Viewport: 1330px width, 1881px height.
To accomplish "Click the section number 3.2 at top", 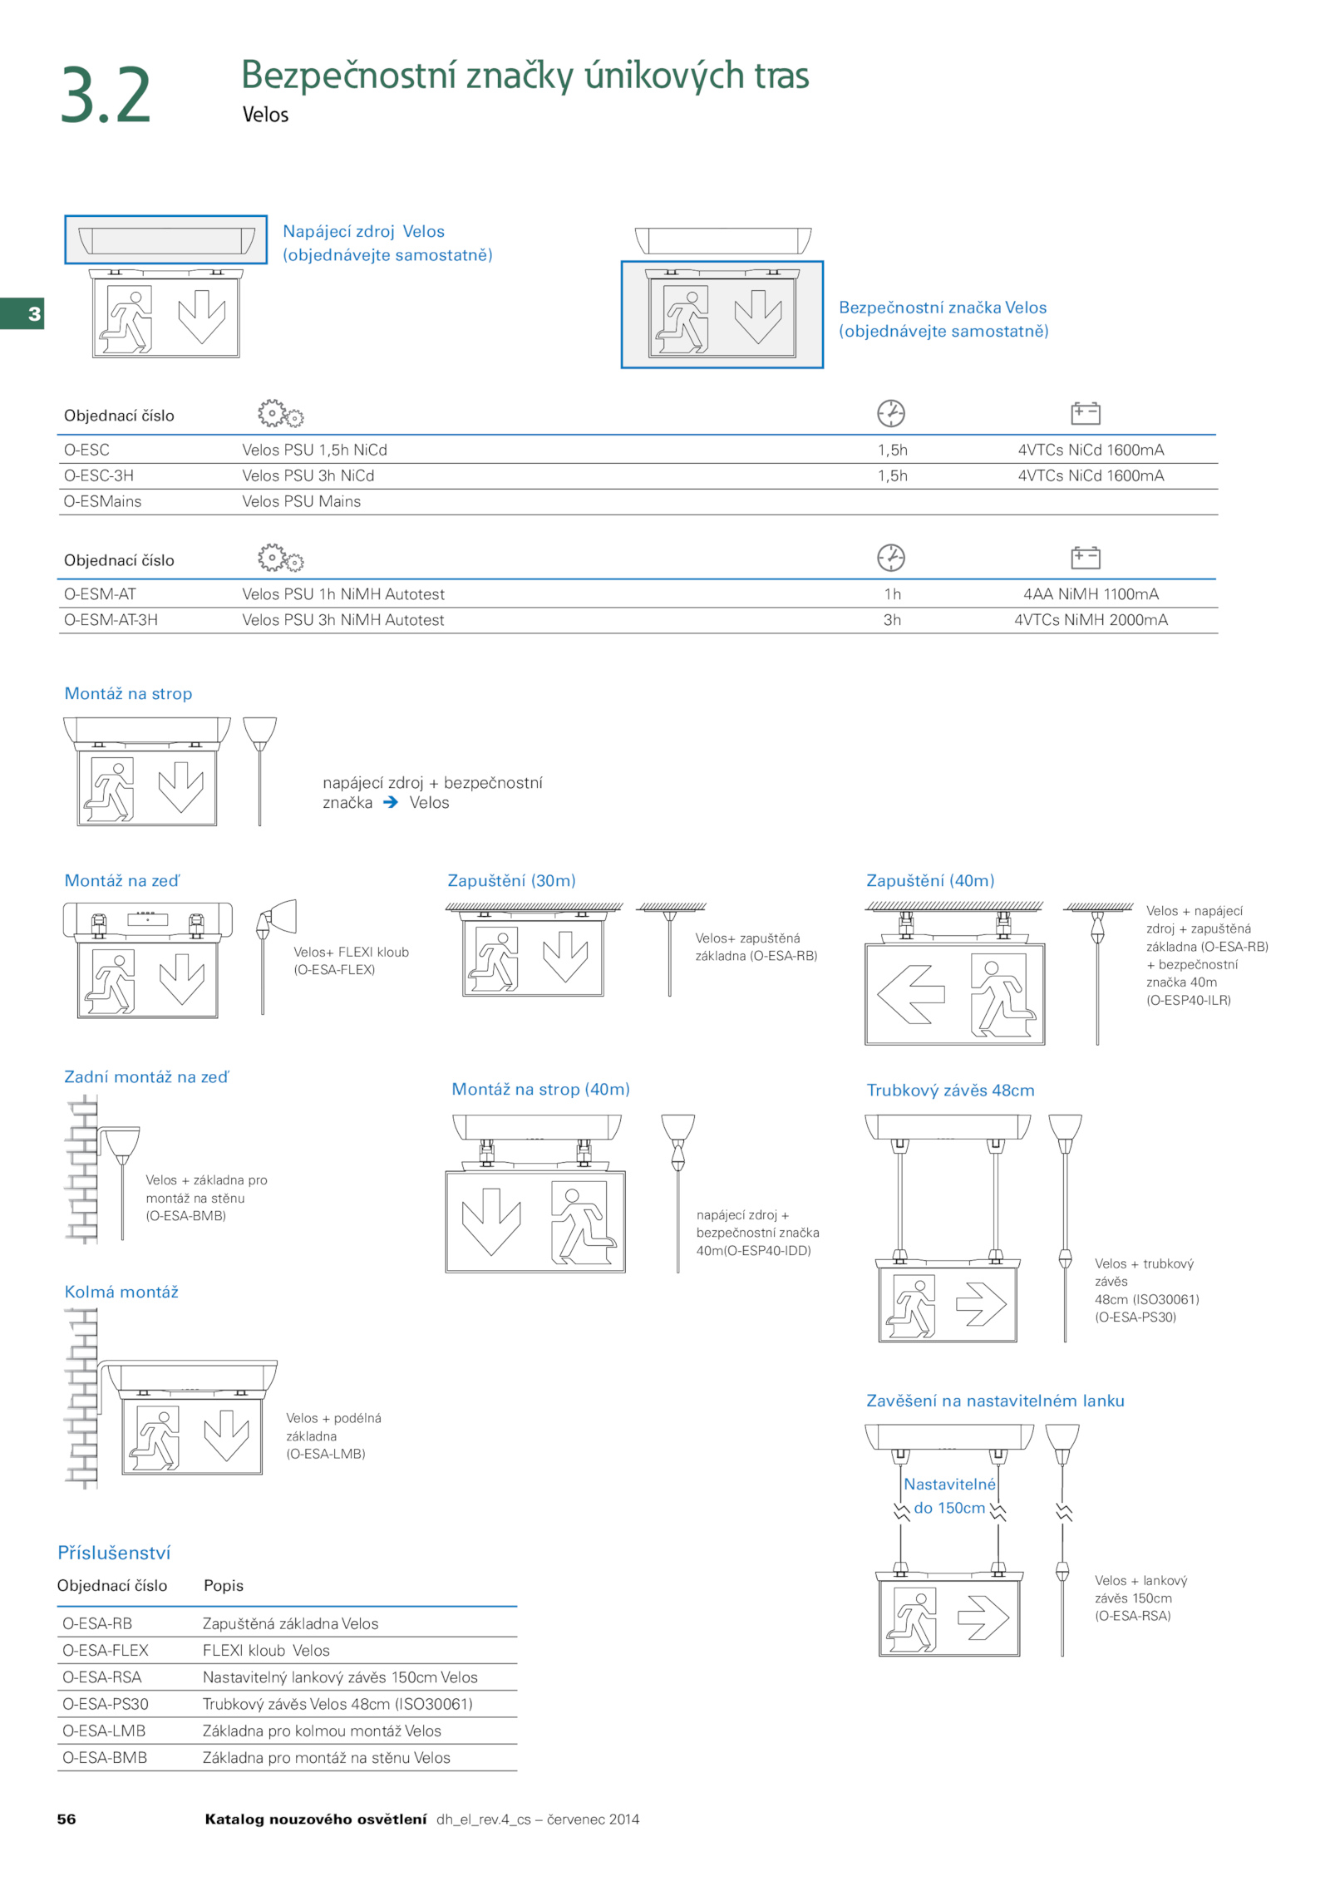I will [106, 96].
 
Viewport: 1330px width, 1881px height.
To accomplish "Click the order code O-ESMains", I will [102, 501].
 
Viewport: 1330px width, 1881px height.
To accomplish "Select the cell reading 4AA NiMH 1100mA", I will [1090, 593].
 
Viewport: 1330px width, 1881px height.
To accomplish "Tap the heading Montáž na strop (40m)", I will [540, 1089].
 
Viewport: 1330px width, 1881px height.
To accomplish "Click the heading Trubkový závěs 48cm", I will [950, 1090].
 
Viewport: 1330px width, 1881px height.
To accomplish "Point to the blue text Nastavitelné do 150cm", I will [948, 1495].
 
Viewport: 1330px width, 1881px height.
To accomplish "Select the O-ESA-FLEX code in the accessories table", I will [106, 1650].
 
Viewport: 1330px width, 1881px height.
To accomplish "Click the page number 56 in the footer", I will [66, 1819].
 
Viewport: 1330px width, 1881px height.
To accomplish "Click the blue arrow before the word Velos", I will [391, 802].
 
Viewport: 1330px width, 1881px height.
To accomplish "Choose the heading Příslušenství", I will [114, 1553].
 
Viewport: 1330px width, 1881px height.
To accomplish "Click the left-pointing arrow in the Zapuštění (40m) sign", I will [911, 993].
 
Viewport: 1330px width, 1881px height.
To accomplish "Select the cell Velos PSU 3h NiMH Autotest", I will [343, 619].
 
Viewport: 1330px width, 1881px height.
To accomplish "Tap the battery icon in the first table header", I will [1085, 413].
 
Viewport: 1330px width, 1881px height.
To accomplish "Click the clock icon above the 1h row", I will [891, 557].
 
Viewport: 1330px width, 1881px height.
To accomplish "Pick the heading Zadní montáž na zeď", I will [146, 1076].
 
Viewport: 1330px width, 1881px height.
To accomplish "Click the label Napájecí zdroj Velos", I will [363, 231].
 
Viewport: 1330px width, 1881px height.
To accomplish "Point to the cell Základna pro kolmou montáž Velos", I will [322, 1731].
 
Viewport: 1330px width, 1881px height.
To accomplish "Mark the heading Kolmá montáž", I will [121, 1292].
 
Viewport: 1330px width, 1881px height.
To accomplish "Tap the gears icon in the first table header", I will [280, 413].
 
